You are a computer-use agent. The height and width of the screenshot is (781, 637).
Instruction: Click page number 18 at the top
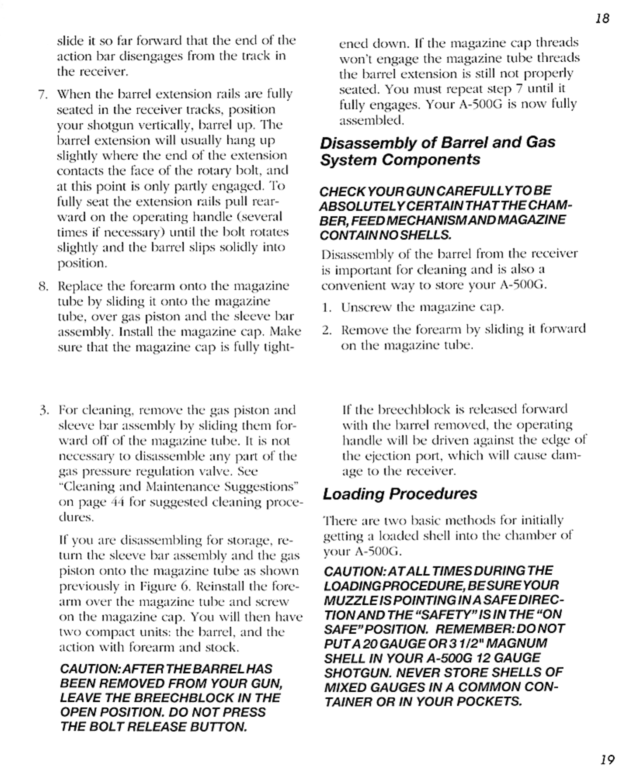click(x=602, y=18)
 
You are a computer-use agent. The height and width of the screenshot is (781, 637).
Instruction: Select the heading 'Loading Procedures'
click(x=400, y=494)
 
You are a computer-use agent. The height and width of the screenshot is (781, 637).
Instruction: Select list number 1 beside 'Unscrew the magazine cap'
click(x=326, y=308)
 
